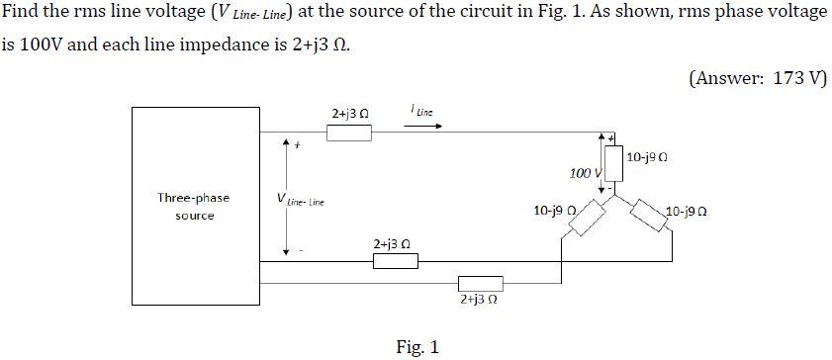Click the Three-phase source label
194,206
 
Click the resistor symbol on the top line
348,133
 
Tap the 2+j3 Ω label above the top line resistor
350,114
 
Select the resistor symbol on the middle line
395,261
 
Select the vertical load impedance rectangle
613,165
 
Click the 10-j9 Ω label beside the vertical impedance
648,156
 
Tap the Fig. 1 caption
416,346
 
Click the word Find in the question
23,12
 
